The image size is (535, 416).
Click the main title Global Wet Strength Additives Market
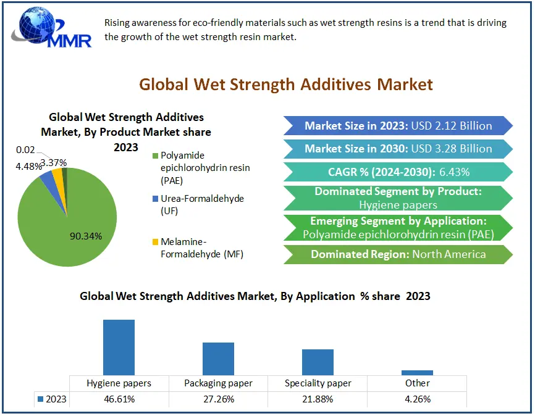[x=286, y=84]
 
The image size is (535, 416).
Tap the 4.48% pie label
[x=28, y=165]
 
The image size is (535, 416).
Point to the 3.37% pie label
[x=54, y=162]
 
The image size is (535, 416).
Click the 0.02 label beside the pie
[x=25, y=149]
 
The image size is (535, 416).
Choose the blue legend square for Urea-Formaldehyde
[x=155, y=199]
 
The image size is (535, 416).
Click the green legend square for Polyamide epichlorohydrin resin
[x=155, y=156]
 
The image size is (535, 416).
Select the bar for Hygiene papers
[x=119, y=347]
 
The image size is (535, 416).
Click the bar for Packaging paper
[x=218, y=359]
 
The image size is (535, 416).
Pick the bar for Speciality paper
[x=318, y=362]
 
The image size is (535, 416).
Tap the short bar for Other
[x=417, y=372]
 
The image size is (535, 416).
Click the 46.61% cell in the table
[x=119, y=399]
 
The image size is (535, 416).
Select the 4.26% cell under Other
[x=417, y=399]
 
